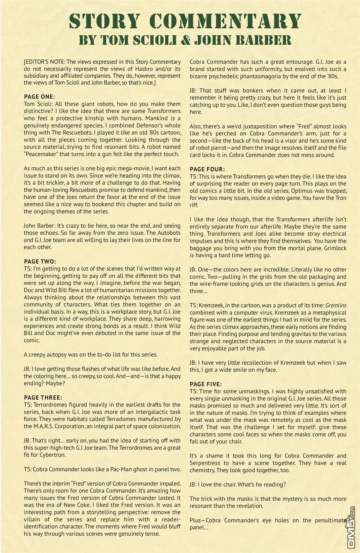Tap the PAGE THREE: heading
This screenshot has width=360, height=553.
pos(43,398)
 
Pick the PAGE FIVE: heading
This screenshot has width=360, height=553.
pos(206,384)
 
